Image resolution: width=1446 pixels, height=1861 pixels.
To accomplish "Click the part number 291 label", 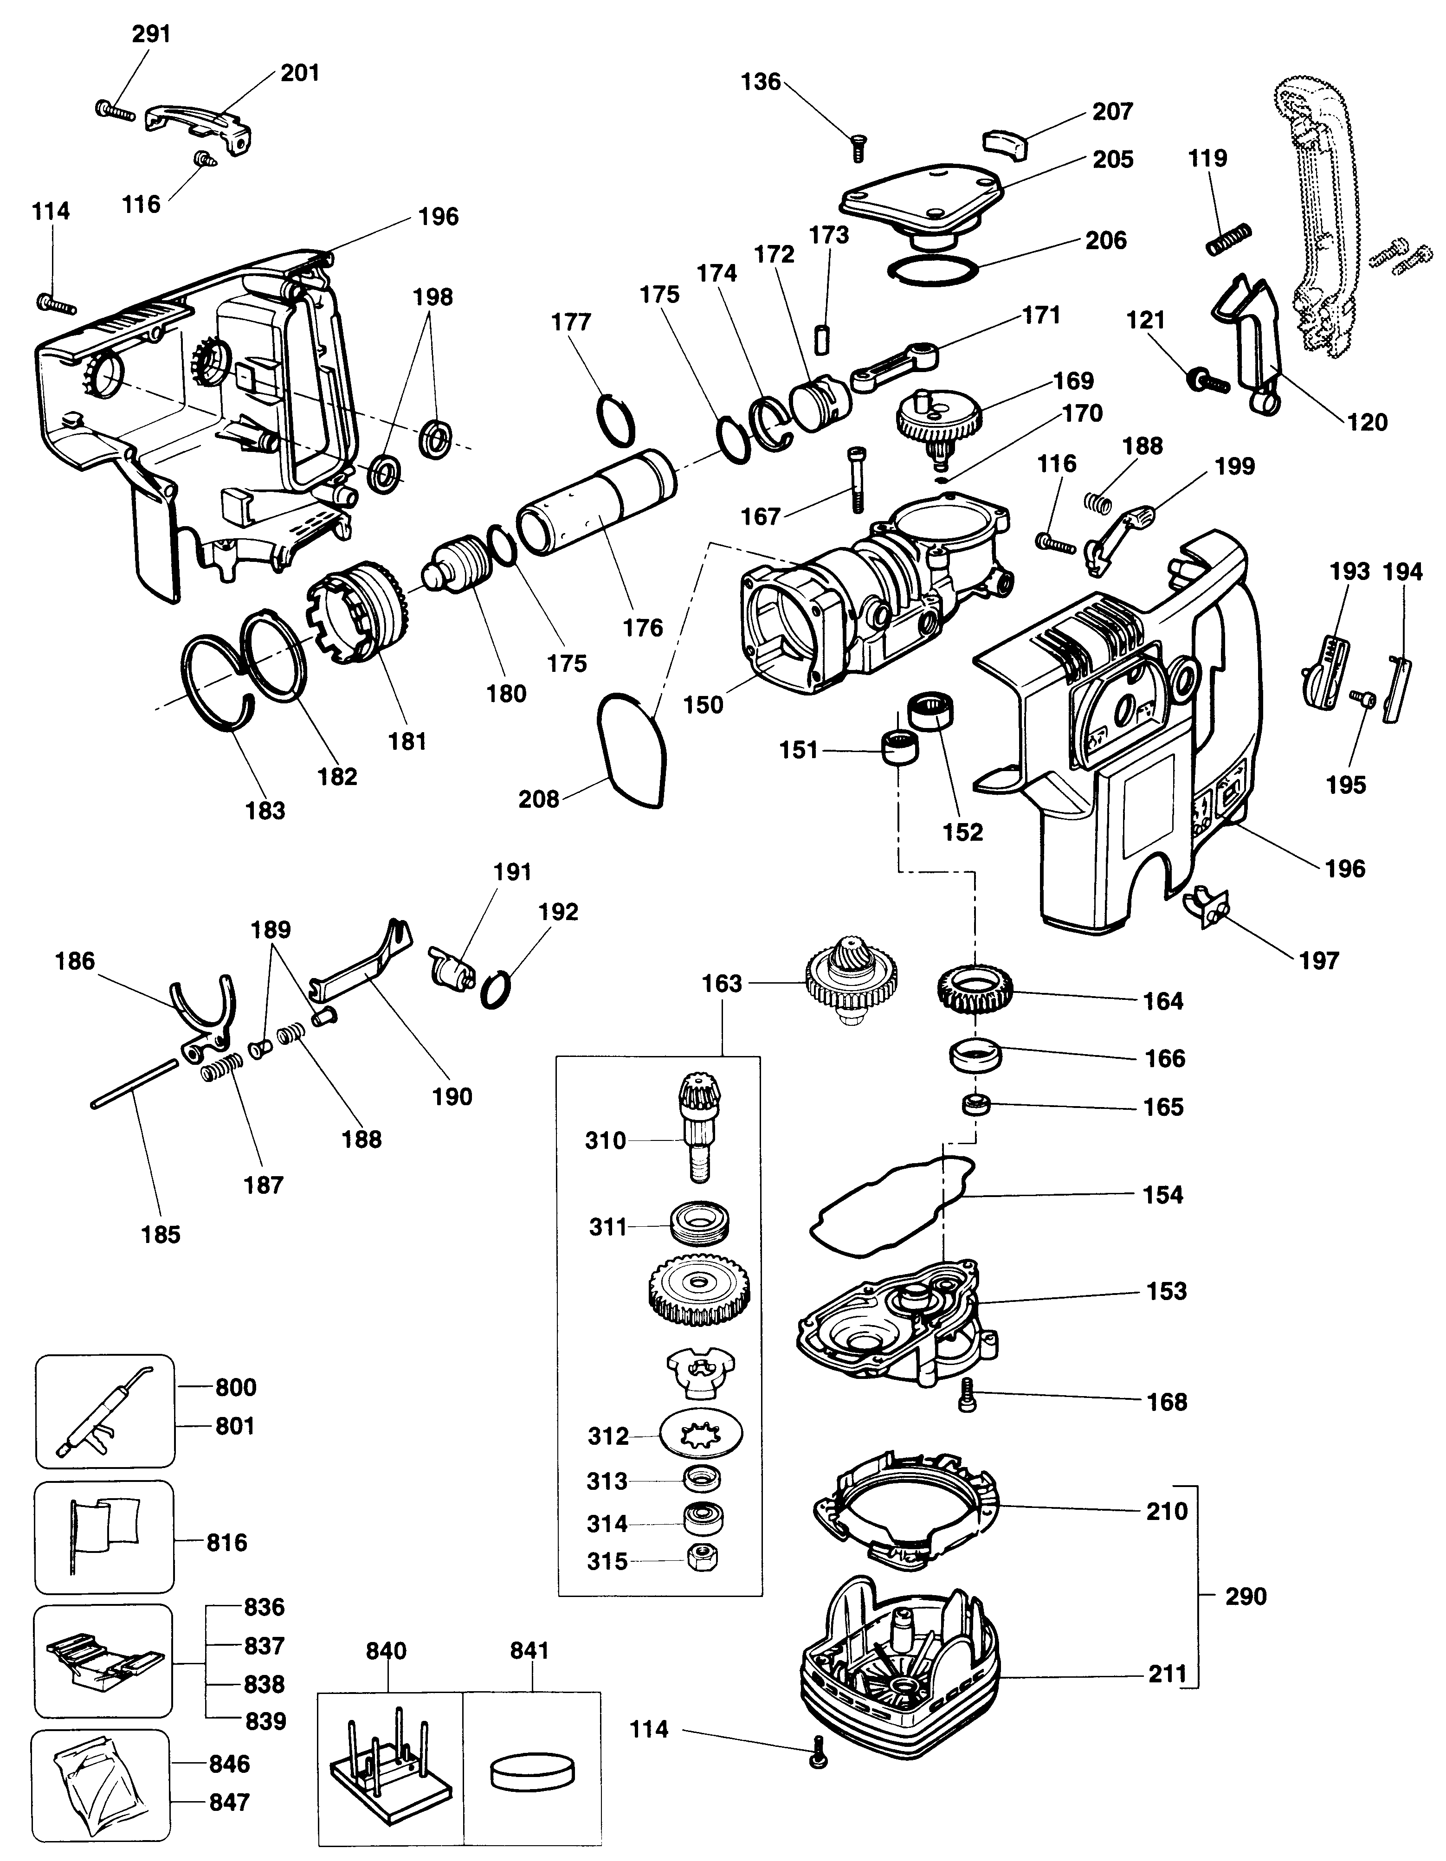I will pyautogui.click(x=151, y=34).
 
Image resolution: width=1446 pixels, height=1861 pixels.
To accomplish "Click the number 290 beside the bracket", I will pyautogui.click(x=1245, y=1596).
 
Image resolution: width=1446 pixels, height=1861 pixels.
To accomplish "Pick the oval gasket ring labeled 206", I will pyautogui.click(x=932, y=269).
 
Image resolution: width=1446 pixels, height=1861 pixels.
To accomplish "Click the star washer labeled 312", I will pyautogui.click(x=700, y=1436).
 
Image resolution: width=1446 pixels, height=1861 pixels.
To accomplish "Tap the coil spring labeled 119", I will pyautogui.click(x=1229, y=238).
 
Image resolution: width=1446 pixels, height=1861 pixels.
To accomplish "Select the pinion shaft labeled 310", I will pyautogui.click(x=700, y=1127).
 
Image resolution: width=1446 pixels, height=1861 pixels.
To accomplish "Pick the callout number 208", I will pyautogui.click(x=538, y=798).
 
